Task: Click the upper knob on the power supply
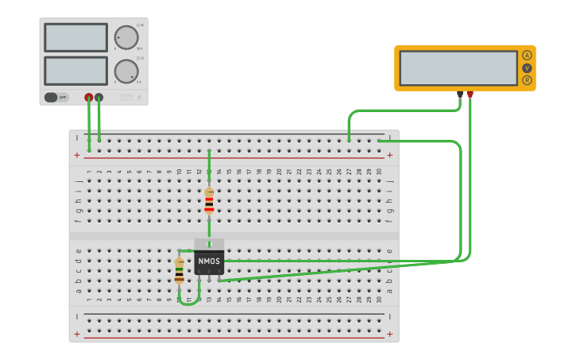(x=126, y=37)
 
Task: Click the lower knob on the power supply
(x=126, y=71)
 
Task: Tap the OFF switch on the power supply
(x=56, y=97)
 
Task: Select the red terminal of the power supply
(x=89, y=97)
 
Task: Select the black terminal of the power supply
(x=99, y=97)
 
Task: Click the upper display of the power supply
(x=75, y=37)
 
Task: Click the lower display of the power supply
(x=75, y=71)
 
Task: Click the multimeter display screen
(x=458, y=68)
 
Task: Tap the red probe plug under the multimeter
(x=470, y=95)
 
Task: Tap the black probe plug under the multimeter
(x=460, y=95)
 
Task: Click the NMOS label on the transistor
(x=209, y=261)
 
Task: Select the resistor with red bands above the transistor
(x=209, y=200)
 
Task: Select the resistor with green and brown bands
(x=180, y=270)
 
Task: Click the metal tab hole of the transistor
(x=209, y=244)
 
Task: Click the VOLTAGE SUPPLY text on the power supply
(x=126, y=97)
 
